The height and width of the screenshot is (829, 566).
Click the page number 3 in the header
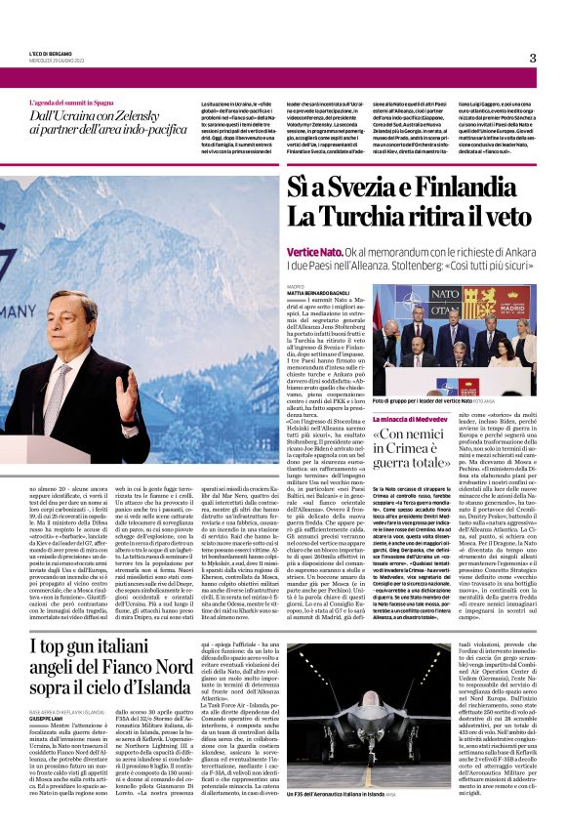pyautogui.click(x=533, y=58)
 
